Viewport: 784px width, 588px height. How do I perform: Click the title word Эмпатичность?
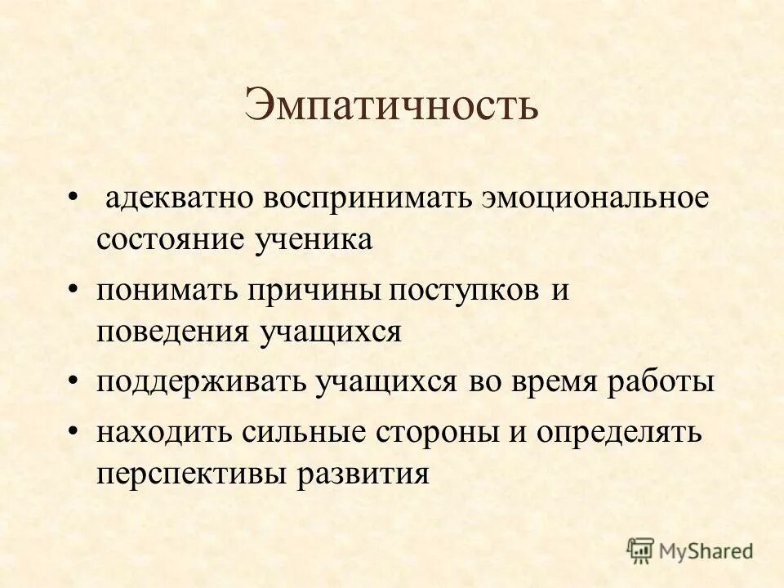[x=391, y=106]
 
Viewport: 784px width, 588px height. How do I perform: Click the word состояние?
[x=172, y=240]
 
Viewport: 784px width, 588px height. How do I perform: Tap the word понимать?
[x=162, y=292]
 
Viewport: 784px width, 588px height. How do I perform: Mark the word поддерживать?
[x=197, y=383]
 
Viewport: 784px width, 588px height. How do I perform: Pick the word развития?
[x=363, y=474]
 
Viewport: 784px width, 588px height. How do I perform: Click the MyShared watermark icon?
[x=641, y=550]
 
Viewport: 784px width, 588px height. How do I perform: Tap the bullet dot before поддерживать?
[x=74, y=381]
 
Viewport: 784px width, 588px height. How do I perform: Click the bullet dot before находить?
[x=74, y=432]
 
